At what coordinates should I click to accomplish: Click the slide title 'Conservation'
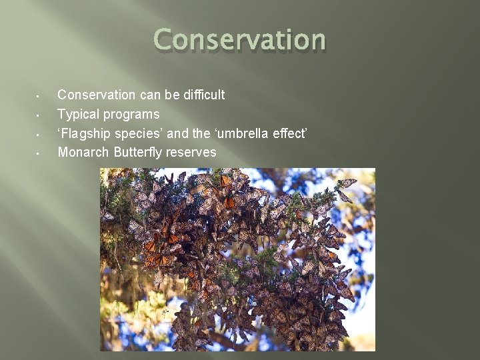[x=239, y=40]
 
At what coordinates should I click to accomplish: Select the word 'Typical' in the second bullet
[x=78, y=114]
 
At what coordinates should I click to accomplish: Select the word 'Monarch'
[x=84, y=152]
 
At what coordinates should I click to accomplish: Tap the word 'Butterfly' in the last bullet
[x=139, y=152]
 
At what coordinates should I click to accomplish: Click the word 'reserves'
[x=191, y=152]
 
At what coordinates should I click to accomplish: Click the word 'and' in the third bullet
[x=177, y=133]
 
